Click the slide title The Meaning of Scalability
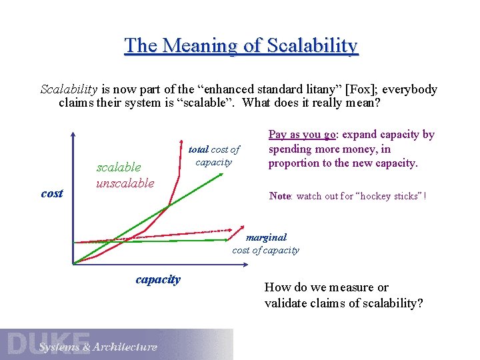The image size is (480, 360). coord(241,45)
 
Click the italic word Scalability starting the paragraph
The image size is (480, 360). coord(69,89)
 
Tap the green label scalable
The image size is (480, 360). coord(119,167)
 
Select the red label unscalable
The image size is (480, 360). coord(125,183)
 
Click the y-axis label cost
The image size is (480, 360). coord(52,193)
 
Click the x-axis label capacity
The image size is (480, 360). coord(158,279)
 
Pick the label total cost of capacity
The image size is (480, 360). coord(213,155)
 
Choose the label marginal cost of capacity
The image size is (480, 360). coord(265,243)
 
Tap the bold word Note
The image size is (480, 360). coord(279,196)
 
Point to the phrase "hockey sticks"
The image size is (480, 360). coord(387,196)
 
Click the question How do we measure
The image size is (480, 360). coord(327,287)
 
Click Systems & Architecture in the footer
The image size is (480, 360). coord(98,347)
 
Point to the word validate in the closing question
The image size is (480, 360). coord(287,303)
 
